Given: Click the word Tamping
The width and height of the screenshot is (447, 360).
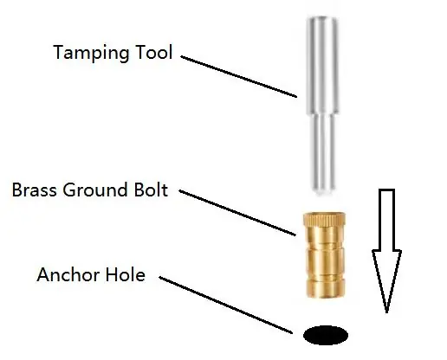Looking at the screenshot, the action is (91, 53).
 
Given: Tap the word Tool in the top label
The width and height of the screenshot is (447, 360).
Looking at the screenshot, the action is (154, 52).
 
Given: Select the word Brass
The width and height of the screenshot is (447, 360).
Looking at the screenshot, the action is (34, 190).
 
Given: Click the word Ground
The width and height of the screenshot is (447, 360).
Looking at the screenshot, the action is (95, 190).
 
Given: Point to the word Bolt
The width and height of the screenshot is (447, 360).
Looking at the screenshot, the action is (151, 190).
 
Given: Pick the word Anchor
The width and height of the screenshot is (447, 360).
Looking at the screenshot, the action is (68, 274).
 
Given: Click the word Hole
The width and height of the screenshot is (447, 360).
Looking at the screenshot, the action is (125, 274).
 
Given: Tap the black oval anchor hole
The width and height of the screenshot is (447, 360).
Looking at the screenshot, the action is (326, 335).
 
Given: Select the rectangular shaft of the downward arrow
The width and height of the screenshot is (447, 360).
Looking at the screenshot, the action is (386, 220).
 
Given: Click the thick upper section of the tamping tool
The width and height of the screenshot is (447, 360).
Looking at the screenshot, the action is (322, 65).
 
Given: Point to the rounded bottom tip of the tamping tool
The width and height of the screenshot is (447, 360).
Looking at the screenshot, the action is (323, 192).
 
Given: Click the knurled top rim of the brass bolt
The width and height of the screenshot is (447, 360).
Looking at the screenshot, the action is (324, 219).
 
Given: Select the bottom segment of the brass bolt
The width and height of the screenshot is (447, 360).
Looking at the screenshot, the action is (326, 288).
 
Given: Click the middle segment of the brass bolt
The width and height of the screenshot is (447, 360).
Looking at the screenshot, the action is (325, 261).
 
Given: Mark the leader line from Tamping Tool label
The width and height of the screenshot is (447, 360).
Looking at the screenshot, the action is (239, 77).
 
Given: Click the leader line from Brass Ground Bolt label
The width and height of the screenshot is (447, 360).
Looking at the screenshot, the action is (237, 213).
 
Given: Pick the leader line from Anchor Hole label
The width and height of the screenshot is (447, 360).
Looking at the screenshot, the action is (226, 305).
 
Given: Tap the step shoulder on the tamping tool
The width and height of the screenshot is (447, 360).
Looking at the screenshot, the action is (322, 114).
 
